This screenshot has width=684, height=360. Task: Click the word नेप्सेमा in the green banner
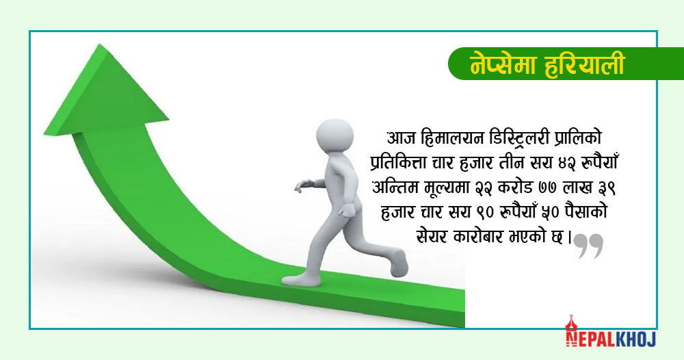(x=500, y=64)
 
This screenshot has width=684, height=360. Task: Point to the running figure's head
(x=334, y=136)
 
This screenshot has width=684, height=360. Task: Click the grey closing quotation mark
(x=588, y=246)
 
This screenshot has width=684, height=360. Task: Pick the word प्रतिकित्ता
(x=399, y=164)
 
